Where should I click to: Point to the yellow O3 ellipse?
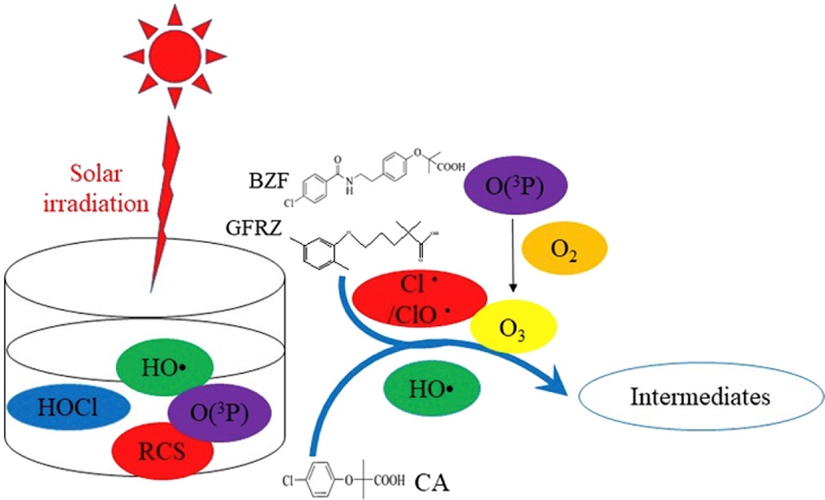click(515, 328)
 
